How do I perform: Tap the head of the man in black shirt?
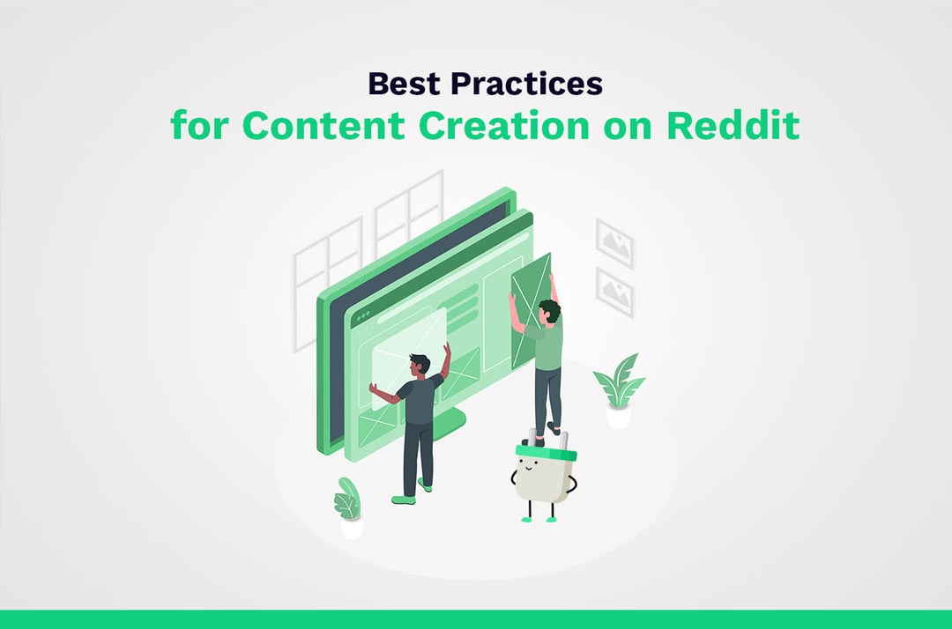coord(420,364)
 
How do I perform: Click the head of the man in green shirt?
coord(548,309)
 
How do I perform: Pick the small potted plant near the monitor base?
coord(349,506)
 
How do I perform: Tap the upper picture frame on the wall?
coord(614,242)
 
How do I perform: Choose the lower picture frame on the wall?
coord(614,291)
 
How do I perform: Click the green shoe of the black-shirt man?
coord(404,499)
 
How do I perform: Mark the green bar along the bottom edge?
coord(476,618)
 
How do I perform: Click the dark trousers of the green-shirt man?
coord(547,396)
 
